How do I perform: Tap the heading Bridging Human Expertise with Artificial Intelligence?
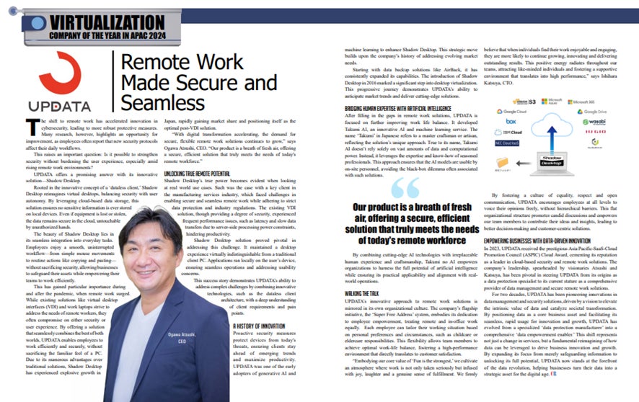[x=389, y=107]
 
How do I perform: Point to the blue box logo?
[x=511, y=122]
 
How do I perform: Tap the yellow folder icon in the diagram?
[x=514, y=174]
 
